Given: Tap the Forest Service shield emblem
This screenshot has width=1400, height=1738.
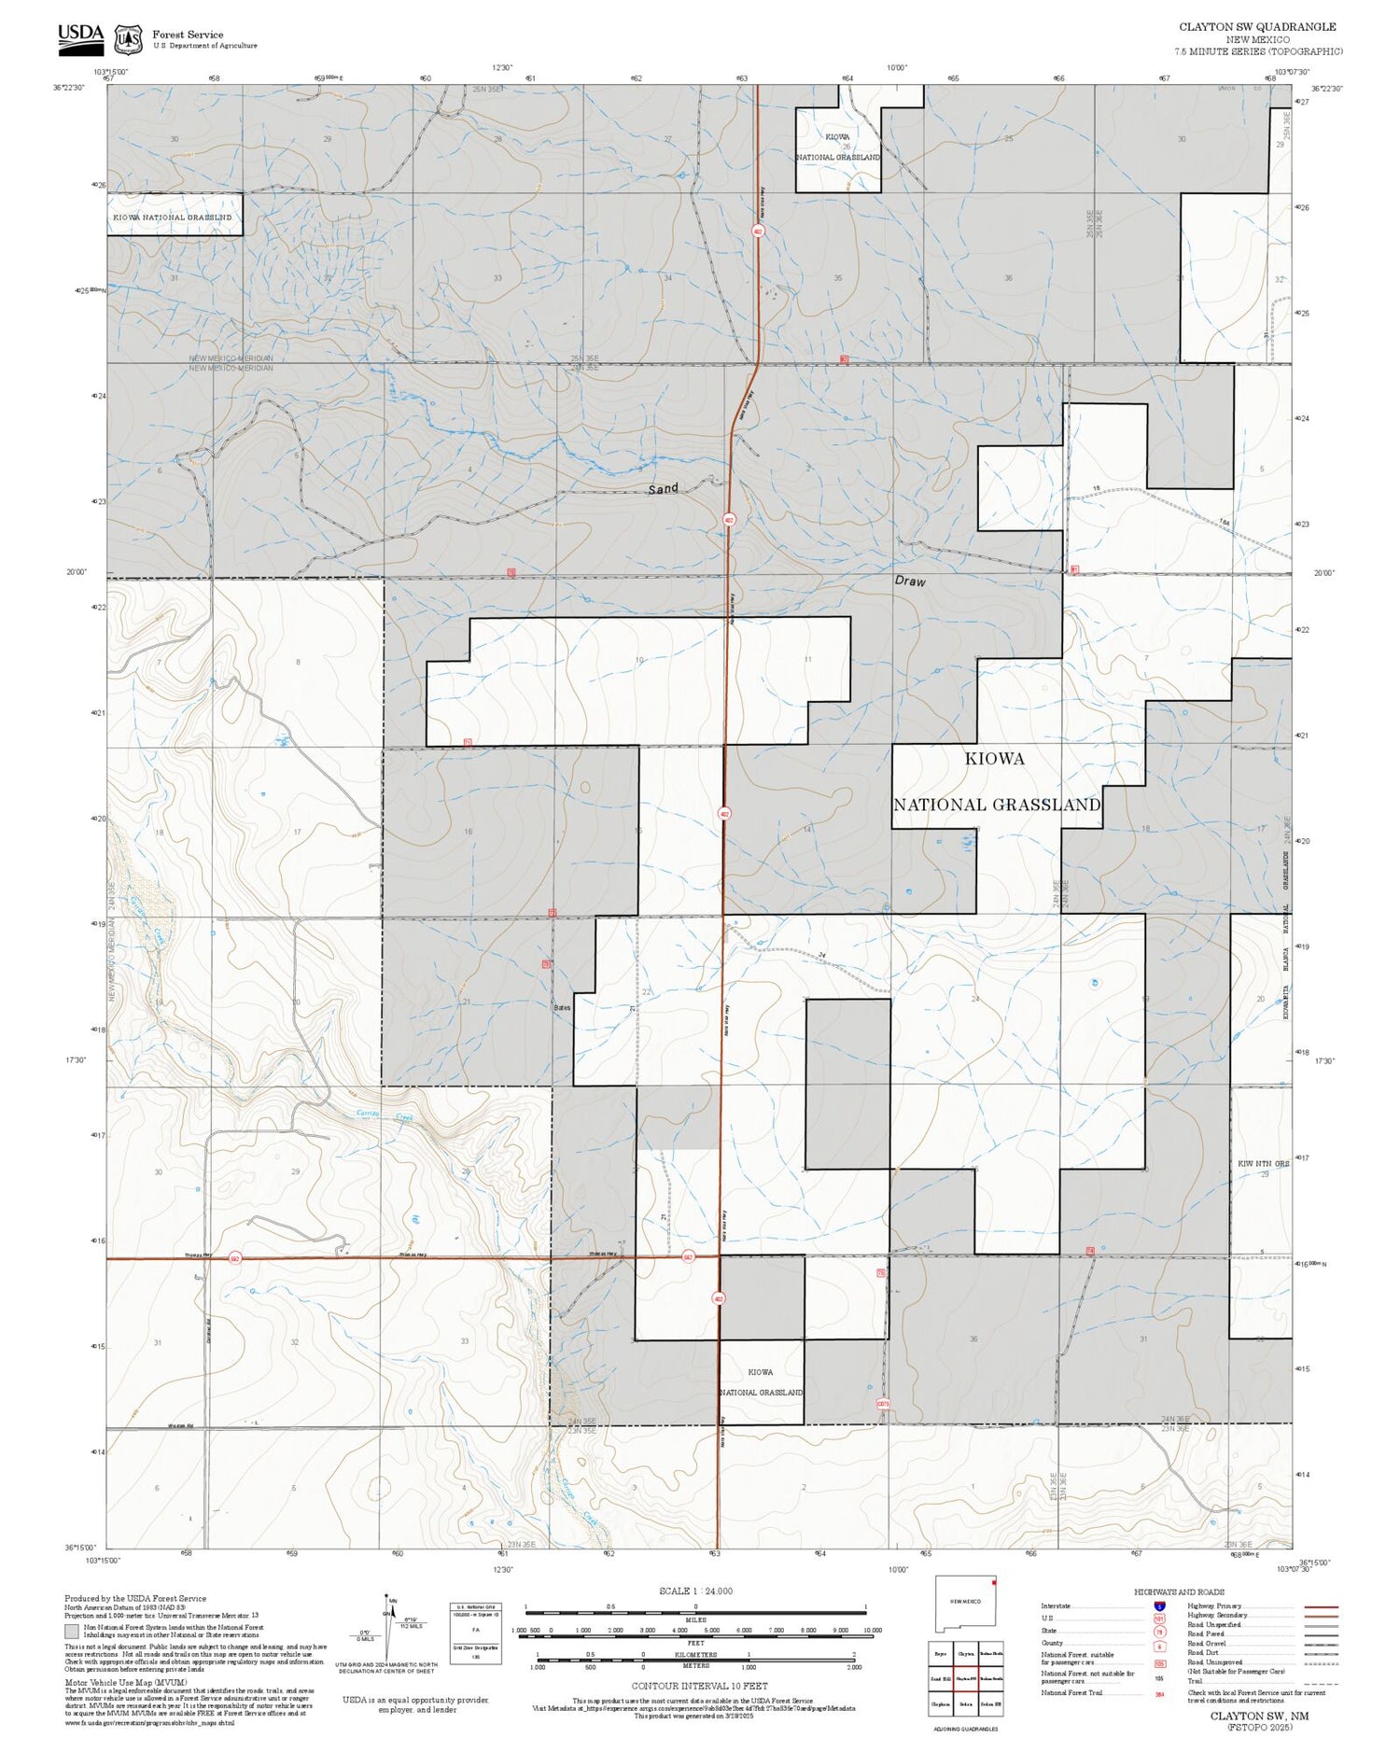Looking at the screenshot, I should coord(128,40).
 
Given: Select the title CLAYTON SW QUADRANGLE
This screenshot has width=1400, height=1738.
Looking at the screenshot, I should coord(1256,27).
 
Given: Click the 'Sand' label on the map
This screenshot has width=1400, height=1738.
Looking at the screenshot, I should coord(663,488).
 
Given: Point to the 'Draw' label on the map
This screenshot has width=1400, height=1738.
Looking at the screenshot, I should coord(910,581).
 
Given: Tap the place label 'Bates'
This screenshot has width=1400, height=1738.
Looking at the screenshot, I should coord(561,1008).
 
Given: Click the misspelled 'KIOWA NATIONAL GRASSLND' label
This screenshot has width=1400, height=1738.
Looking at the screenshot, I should coord(172,217).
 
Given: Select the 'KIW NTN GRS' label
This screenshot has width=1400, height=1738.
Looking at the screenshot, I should coord(1263,1164).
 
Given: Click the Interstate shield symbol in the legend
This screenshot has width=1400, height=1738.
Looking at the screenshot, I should coord(1159,1605).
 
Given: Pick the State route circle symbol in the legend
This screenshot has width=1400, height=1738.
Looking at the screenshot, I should coord(1159,1632).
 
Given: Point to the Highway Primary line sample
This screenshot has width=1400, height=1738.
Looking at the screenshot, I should coord(1316,1606).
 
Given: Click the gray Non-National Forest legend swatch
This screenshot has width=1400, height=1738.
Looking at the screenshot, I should coord(72,1632).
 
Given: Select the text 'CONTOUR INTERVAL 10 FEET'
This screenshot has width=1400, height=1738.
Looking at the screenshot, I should coord(699,1686).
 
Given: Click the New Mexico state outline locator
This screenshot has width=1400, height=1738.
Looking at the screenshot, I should coord(965,1605).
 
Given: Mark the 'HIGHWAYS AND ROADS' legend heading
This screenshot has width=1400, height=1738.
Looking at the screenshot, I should coord(1179,1591).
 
